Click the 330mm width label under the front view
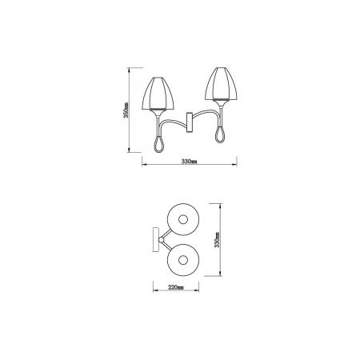point(190,162)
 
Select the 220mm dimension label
point(177,285)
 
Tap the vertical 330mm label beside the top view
point(216,239)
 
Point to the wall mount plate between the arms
point(190,122)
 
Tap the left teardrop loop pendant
point(157,142)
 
